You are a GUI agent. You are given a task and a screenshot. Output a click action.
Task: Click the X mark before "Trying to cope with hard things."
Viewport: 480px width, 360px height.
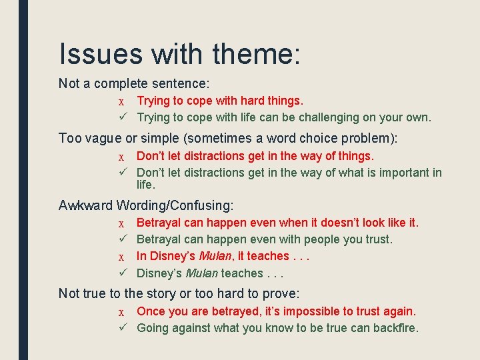point(121,101)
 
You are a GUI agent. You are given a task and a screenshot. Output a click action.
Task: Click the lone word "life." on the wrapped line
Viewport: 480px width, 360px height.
point(146,185)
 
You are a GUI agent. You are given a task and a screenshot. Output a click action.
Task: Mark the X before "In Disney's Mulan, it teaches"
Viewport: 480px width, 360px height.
point(121,257)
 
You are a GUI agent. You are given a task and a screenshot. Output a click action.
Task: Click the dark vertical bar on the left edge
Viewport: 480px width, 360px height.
point(23,180)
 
